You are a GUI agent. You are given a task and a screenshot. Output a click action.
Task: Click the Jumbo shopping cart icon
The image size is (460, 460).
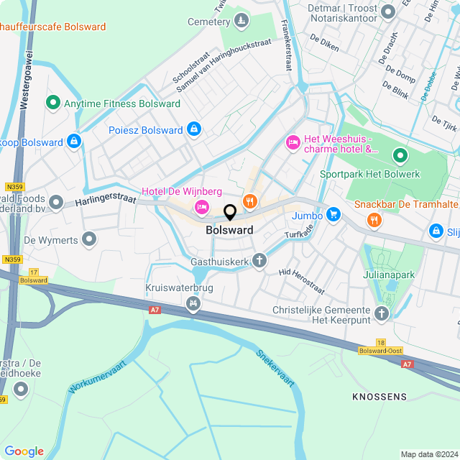[x=333, y=214]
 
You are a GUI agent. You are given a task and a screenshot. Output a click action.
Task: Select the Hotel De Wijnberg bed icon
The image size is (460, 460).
[x=202, y=208]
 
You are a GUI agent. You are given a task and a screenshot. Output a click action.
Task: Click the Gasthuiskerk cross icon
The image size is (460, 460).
[x=259, y=262]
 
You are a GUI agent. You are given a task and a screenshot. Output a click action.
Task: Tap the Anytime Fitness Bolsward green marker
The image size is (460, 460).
[x=52, y=103]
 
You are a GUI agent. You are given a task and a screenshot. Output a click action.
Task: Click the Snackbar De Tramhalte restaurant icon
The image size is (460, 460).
[x=373, y=220]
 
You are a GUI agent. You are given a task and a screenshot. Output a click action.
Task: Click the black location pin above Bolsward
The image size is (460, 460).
[x=230, y=213]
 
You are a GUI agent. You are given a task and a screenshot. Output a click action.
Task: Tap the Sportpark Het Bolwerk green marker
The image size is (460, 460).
[x=400, y=155]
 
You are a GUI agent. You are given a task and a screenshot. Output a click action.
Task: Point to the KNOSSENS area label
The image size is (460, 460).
[x=379, y=397]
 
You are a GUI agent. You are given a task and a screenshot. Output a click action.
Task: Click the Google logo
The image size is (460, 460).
[x=24, y=451]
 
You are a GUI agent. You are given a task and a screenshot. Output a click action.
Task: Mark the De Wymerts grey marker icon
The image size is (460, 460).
[x=89, y=239]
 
